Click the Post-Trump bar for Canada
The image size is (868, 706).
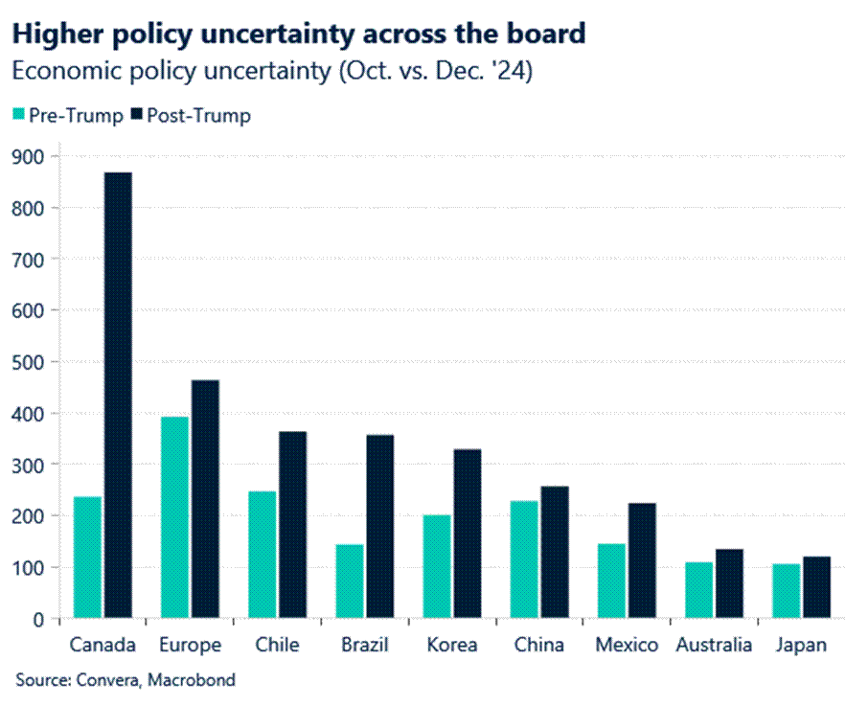pyautogui.click(x=118, y=395)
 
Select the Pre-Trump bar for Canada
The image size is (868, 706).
pyautogui.click(x=87, y=557)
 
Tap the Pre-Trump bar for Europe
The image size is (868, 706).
pyautogui.click(x=174, y=517)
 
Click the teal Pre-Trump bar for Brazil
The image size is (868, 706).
pyautogui.click(x=350, y=581)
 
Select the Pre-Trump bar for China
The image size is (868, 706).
pyautogui.click(x=524, y=559)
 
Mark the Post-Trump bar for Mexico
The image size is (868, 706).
pyautogui.click(x=642, y=560)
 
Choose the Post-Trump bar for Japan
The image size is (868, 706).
pyautogui.click(x=816, y=587)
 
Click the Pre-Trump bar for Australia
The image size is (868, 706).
pyautogui.click(x=698, y=590)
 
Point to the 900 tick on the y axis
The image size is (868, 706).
pyautogui.click(x=33, y=156)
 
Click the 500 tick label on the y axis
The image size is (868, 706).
pyautogui.click(x=33, y=362)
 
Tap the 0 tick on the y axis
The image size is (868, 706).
pyautogui.click(x=39, y=619)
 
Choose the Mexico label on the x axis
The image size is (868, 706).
pyautogui.click(x=627, y=645)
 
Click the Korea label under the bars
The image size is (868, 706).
pyautogui.click(x=452, y=645)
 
